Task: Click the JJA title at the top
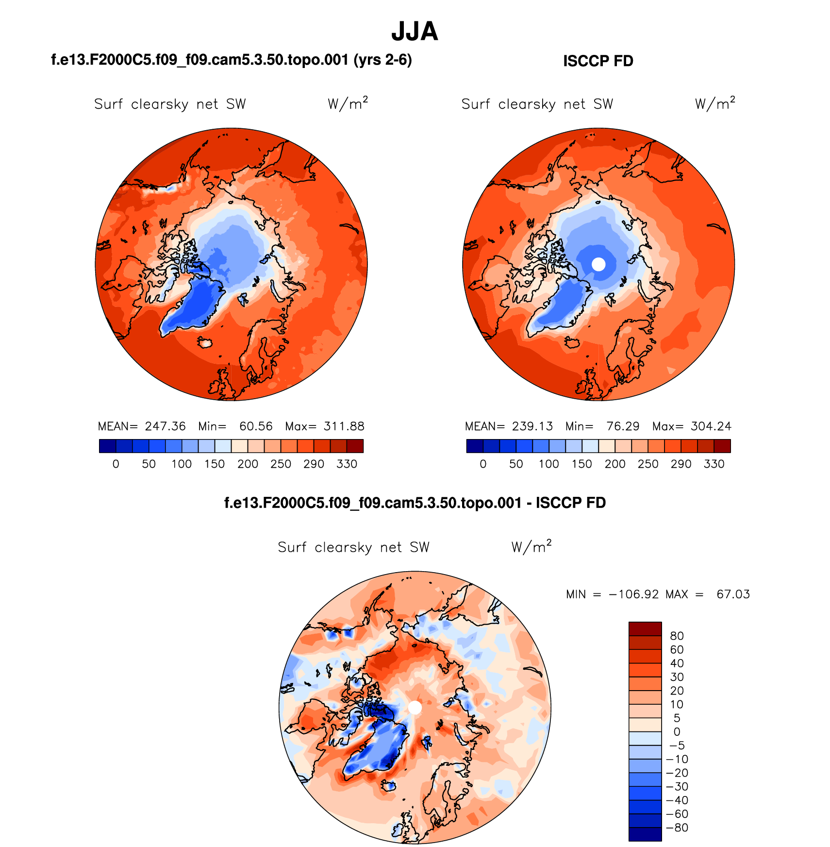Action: point(415,32)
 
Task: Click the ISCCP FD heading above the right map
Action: point(598,61)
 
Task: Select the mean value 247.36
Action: point(165,426)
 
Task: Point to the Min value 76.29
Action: point(623,426)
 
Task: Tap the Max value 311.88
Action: point(344,426)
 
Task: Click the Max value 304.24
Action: point(711,426)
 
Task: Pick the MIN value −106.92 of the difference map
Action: point(633,594)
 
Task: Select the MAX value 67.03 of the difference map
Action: point(733,594)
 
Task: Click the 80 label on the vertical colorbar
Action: point(677,636)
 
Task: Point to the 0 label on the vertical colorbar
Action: point(677,732)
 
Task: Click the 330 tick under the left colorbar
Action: point(347,464)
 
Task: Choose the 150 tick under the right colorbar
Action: point(581,464)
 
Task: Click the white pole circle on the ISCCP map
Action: point(599,264)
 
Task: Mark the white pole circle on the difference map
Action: point(415,708)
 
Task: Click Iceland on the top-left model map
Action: point(205,343)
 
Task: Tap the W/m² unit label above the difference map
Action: point(531,547)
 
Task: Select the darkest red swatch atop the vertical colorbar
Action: point(645,629)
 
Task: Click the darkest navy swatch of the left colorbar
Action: point(107,446)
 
